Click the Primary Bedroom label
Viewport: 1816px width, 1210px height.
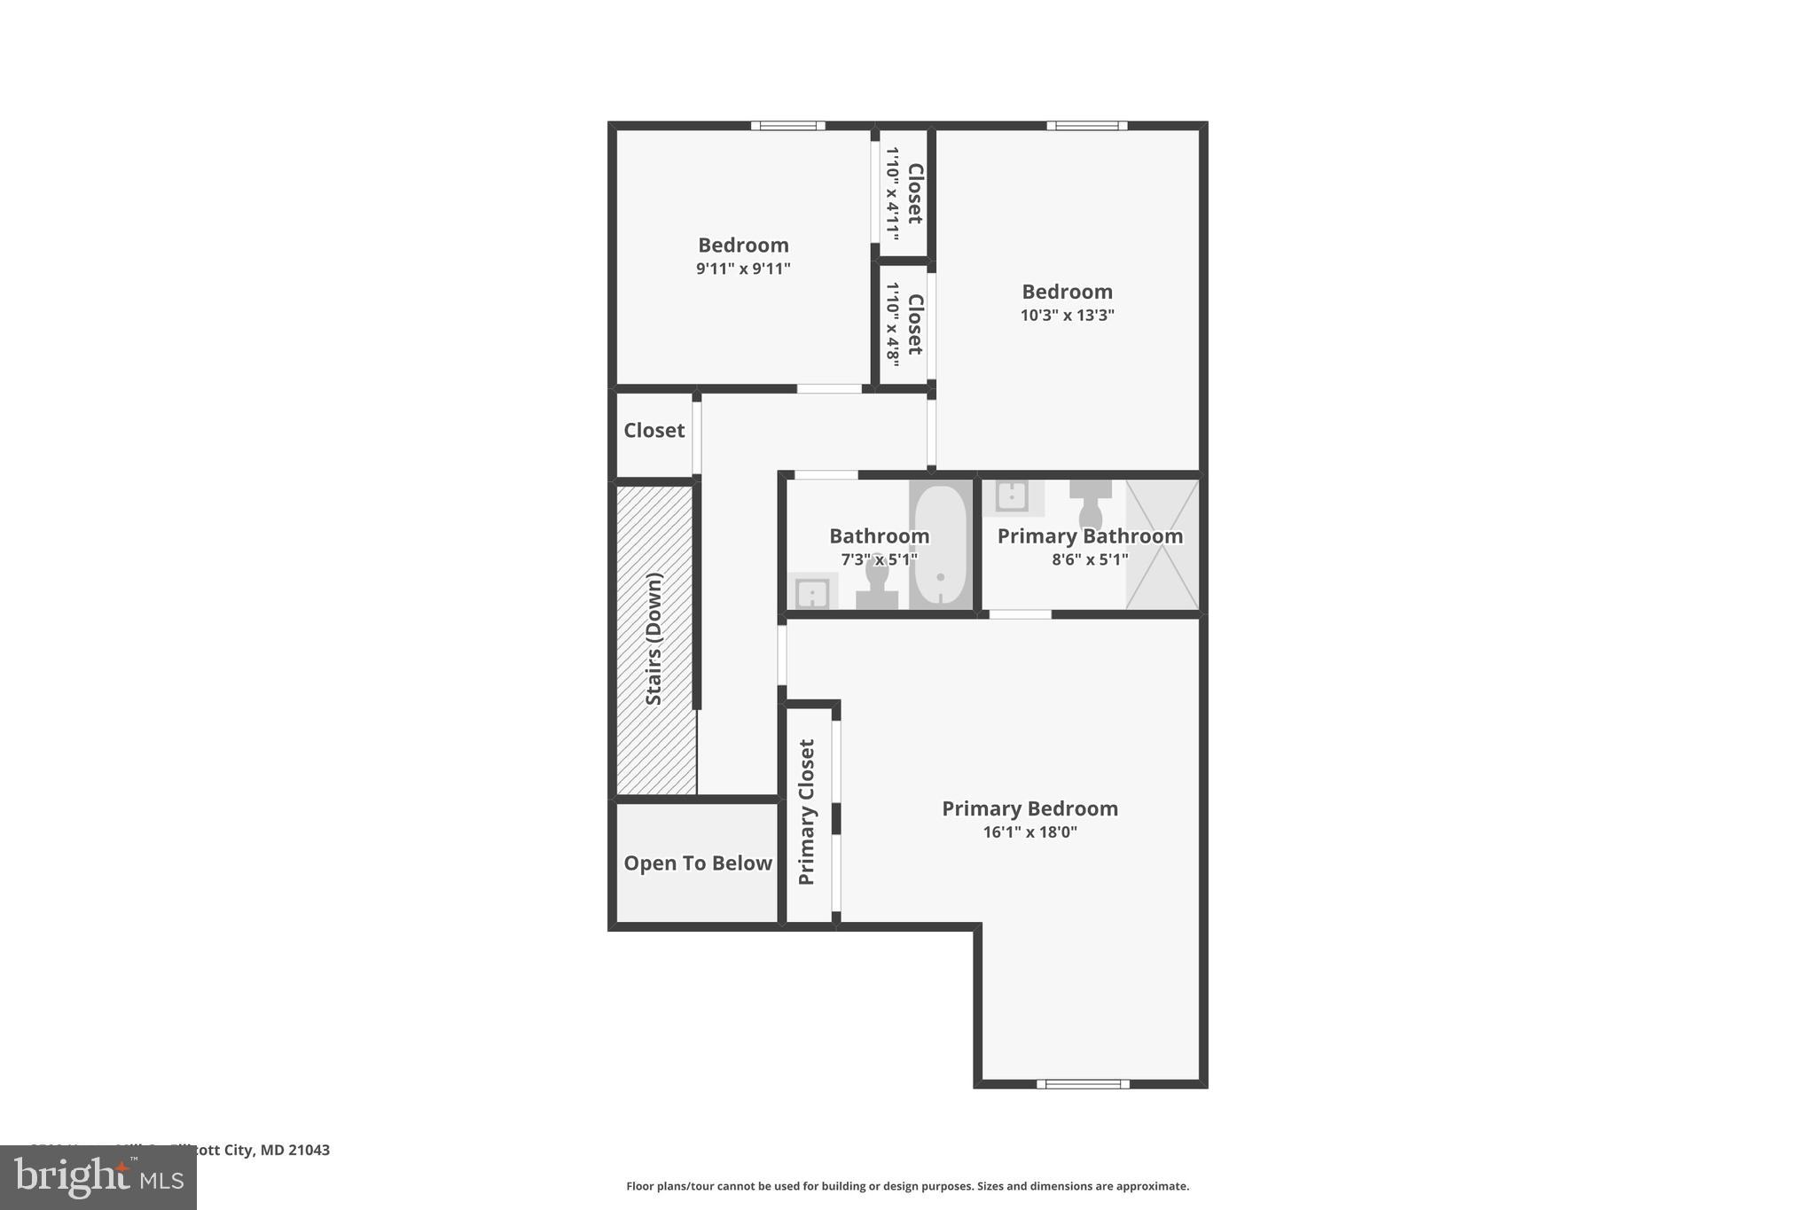(x=1029, y=808)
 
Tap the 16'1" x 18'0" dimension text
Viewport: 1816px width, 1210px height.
(x=1029, y=832)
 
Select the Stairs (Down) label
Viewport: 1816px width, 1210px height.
(x=654, y=639)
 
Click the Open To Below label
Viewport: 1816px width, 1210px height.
(x=698, y=863)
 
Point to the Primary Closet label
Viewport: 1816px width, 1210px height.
(x=807, y=812)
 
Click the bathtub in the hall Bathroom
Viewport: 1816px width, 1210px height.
(x=940, y=545)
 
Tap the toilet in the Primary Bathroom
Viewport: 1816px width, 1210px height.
(x=1090, y=506)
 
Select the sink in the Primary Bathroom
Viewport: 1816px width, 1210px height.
(x=1012, y=497)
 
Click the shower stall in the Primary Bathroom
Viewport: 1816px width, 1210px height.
(x=1162, y=544)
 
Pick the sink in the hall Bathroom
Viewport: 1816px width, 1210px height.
(x=812, y=592)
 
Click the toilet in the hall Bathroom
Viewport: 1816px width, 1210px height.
(x=877, y=585)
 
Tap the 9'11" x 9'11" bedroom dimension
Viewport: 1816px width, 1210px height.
(x=743, y=269)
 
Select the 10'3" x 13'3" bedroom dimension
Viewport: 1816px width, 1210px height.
(x=1067, y=316)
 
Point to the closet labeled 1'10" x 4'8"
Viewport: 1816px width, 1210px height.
(x=904, y=324)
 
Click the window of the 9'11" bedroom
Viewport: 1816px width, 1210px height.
(x=787, y=126)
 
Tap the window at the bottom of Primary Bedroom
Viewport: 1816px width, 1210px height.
(x=1083, y=1083)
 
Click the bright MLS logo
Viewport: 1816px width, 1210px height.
(x=98, y=1177)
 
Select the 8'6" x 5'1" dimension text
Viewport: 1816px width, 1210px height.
(x=1090, y=559)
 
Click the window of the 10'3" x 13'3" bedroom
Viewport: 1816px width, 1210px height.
(x=1086, y=126)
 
